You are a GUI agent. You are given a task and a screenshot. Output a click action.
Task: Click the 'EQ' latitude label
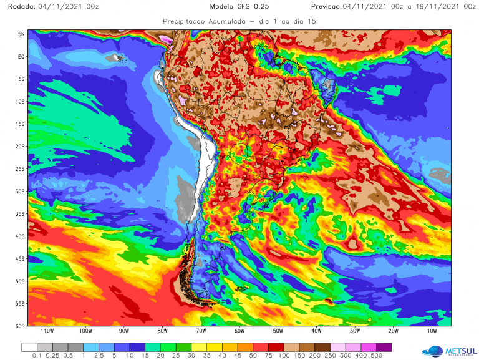(21, 57)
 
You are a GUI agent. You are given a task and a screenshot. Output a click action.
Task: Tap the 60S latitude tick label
(19, 326)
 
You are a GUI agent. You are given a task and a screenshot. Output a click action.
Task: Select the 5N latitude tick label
(21, 34)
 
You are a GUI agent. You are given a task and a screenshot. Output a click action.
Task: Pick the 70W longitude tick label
(201, 332)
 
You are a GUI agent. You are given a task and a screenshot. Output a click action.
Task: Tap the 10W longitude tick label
(432, 332)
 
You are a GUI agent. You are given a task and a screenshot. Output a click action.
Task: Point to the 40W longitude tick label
(316, 332)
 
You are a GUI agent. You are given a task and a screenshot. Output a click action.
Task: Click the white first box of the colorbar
(29, 346)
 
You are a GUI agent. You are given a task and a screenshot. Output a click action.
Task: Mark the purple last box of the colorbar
(384, 346)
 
